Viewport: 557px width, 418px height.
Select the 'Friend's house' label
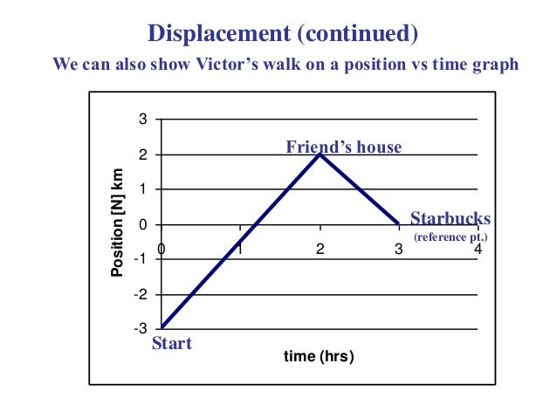coord(344,147)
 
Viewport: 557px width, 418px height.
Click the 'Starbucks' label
coord(450,218)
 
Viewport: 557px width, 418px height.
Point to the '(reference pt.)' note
coord(450,236)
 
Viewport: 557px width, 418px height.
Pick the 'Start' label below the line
coord(172,343)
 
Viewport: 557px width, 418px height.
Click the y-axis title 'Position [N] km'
coord(117,225)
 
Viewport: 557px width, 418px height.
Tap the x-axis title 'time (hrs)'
coord(319,357)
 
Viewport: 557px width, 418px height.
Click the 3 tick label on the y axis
coord(143,120)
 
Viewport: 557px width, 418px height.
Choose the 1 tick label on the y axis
coord(143,189)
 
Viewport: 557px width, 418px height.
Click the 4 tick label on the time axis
coord(478,250)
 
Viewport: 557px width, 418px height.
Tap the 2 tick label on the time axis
coord(320,250)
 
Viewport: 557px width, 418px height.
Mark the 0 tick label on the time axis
coord(162,250)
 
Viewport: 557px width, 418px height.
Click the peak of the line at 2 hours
coord(320,154)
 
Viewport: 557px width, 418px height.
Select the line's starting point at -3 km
coord(162,328)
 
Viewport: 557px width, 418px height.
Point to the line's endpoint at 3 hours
coord(399,224)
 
